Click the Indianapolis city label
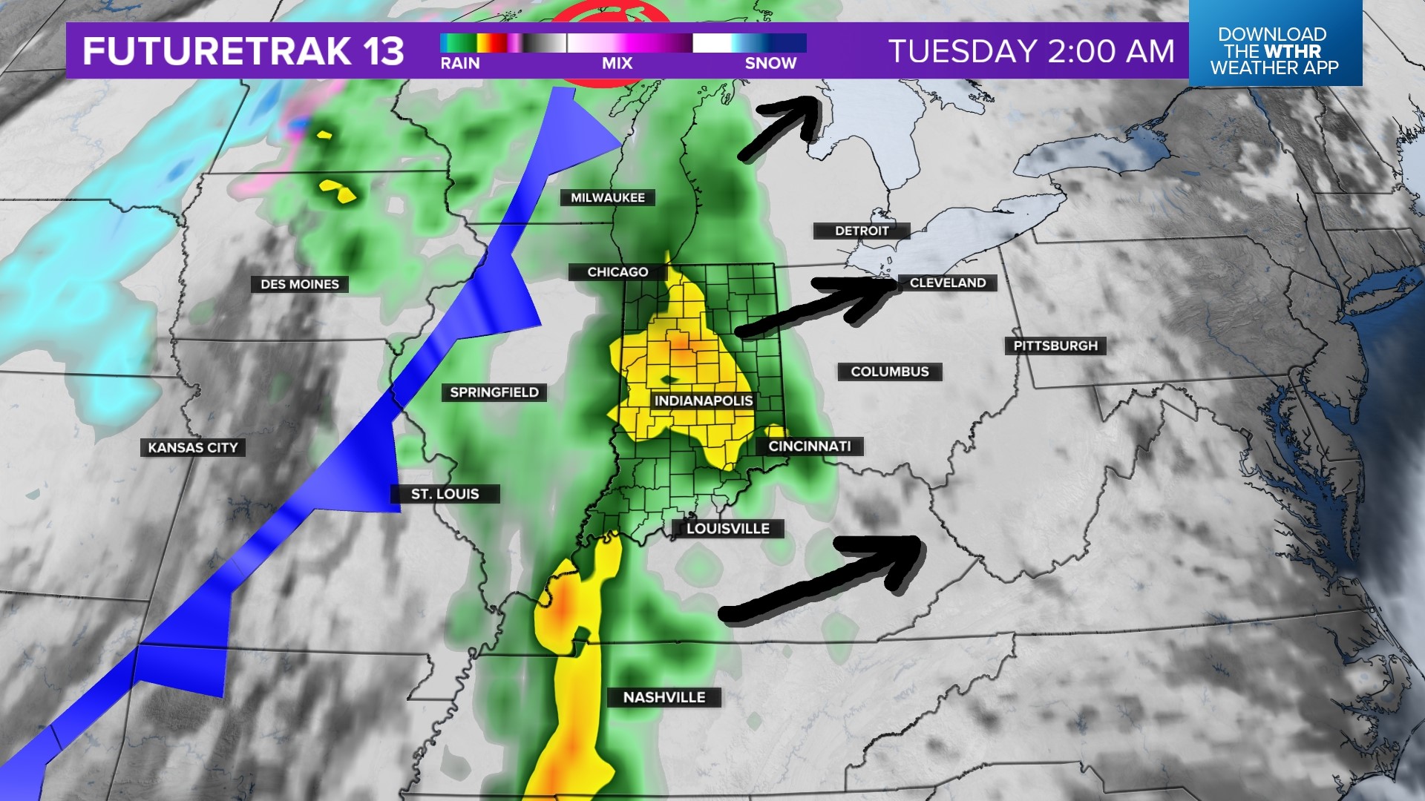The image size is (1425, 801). point(703,400)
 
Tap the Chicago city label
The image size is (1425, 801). point(617,272)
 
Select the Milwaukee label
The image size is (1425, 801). point(607,197)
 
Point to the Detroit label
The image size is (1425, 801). point(861,231)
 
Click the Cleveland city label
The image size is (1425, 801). point(947,283)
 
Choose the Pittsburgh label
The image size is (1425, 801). point(1055,346)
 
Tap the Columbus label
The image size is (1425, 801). point(889,372)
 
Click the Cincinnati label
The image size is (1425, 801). point(809,446)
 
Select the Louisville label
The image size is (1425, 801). point(727,528)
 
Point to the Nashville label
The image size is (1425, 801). point(664,697)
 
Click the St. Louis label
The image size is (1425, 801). point(445,494)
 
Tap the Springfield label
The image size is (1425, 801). point(494,392)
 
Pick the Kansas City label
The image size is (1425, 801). point(192,447)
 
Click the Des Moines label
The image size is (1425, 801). point(299,284)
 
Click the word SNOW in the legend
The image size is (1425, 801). point(770,64)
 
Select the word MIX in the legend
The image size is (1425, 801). point(617,64)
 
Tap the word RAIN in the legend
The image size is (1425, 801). point(459,64)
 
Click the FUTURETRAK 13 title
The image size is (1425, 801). point(243,51)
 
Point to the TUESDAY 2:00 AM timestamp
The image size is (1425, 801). point(1031,51)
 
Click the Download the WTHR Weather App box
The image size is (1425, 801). point(1274,50)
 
